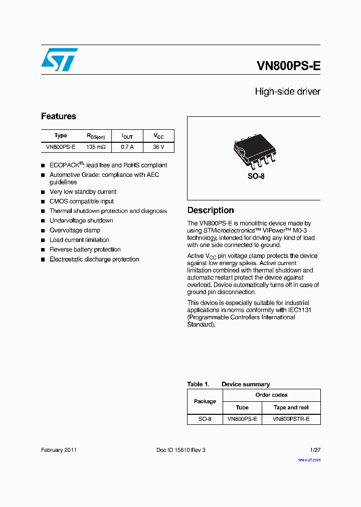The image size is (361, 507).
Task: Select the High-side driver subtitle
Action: coord(287,92)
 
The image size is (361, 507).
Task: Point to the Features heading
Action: coord(59,116)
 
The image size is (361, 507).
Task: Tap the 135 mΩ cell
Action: coord(96,147)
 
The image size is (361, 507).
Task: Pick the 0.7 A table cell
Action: coord(128,147)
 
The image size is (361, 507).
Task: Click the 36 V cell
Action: coord(158,147)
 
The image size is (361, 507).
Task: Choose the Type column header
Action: coord(61,136)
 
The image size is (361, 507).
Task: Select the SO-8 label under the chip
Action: coord(256,177)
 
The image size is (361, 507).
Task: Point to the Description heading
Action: coord(211,210)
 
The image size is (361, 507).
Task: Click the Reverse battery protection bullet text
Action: coord(85,249)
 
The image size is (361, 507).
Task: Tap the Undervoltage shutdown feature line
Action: coord(81,220)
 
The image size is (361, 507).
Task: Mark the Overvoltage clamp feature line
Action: coord(75,230)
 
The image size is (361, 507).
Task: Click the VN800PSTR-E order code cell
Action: coord(291,418)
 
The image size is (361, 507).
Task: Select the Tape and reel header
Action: coord(291,407)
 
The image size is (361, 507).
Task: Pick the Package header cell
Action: coord(205,401)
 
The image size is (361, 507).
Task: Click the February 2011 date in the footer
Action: coord(59,450)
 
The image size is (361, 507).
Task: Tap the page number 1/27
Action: coord(315,450)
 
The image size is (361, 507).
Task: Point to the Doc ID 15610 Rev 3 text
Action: coord(181,450)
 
